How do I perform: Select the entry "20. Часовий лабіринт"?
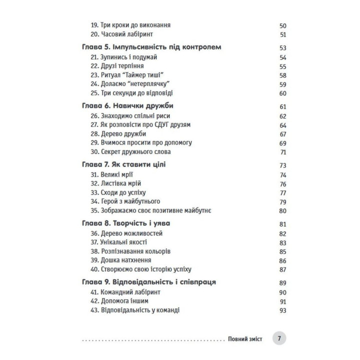pos(118,34)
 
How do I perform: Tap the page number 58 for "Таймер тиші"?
pos(282,75)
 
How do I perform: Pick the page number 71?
pos(282,152)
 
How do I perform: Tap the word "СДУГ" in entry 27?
pos(158,124)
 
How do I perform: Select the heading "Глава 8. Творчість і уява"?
pos(128,224)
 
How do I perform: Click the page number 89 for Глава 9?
pos(282,283)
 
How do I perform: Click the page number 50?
pos(282,25)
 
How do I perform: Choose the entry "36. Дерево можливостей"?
pos(127,233)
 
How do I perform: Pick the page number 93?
pos(282,310)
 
